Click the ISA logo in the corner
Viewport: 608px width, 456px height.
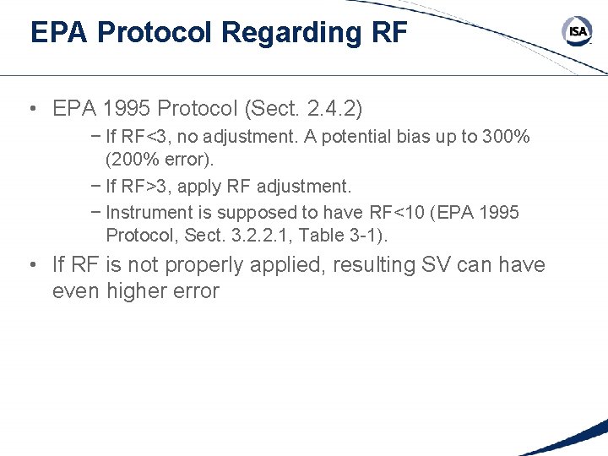tap(577, 32)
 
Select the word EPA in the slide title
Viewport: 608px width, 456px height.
tap(59, 33)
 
